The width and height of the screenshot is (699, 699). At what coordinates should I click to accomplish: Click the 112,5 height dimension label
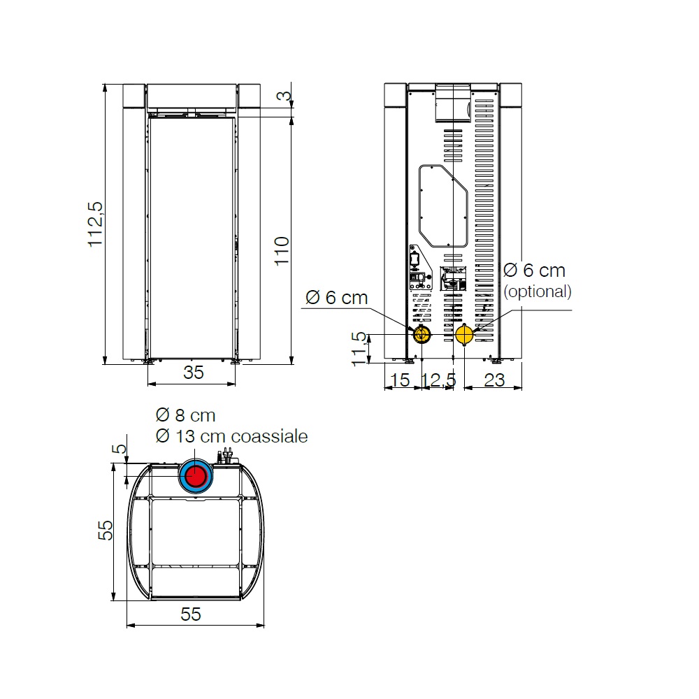pos(95,224)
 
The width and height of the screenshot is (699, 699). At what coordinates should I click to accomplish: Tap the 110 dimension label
pos(282,251)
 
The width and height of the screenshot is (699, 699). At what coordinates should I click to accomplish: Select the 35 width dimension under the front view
pos(194,373)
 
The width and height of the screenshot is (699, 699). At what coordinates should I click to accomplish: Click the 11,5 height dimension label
pos(359,349)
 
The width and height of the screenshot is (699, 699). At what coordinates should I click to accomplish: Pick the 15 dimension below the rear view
pos(399,380)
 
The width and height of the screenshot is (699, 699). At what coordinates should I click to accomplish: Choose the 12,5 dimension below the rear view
pos(439,380)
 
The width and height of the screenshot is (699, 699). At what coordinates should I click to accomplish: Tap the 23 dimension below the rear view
pos(494,380)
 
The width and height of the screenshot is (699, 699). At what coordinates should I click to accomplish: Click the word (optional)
pos(538,291)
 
